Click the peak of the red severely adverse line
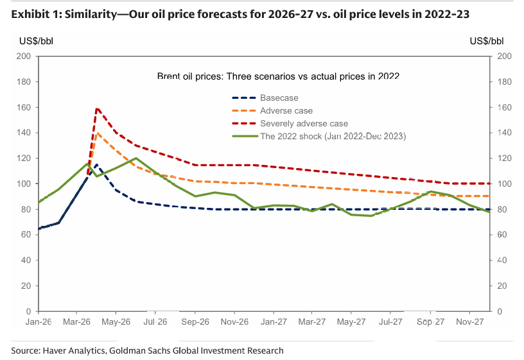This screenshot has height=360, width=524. point(96,108)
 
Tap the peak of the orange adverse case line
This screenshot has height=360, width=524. point(97,133)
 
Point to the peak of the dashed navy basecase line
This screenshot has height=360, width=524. point(96,165)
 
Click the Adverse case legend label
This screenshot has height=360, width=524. point(286,110)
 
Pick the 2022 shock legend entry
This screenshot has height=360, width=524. point(319,136)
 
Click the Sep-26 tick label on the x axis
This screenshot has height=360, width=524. point(195,321)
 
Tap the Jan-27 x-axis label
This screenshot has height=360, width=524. point(274,321)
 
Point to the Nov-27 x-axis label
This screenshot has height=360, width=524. point(470,321)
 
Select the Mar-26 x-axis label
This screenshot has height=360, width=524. point(77,321)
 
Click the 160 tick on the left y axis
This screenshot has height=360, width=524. point(23,107)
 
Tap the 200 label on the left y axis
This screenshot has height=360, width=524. point(23,56)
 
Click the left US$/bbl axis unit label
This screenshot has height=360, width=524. point(36,41)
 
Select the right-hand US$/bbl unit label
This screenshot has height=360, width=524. point(487,41)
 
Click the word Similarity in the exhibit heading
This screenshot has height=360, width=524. point(91,14)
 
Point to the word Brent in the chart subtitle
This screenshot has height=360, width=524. point(169,76)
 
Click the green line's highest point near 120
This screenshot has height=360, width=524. point(136,158)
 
